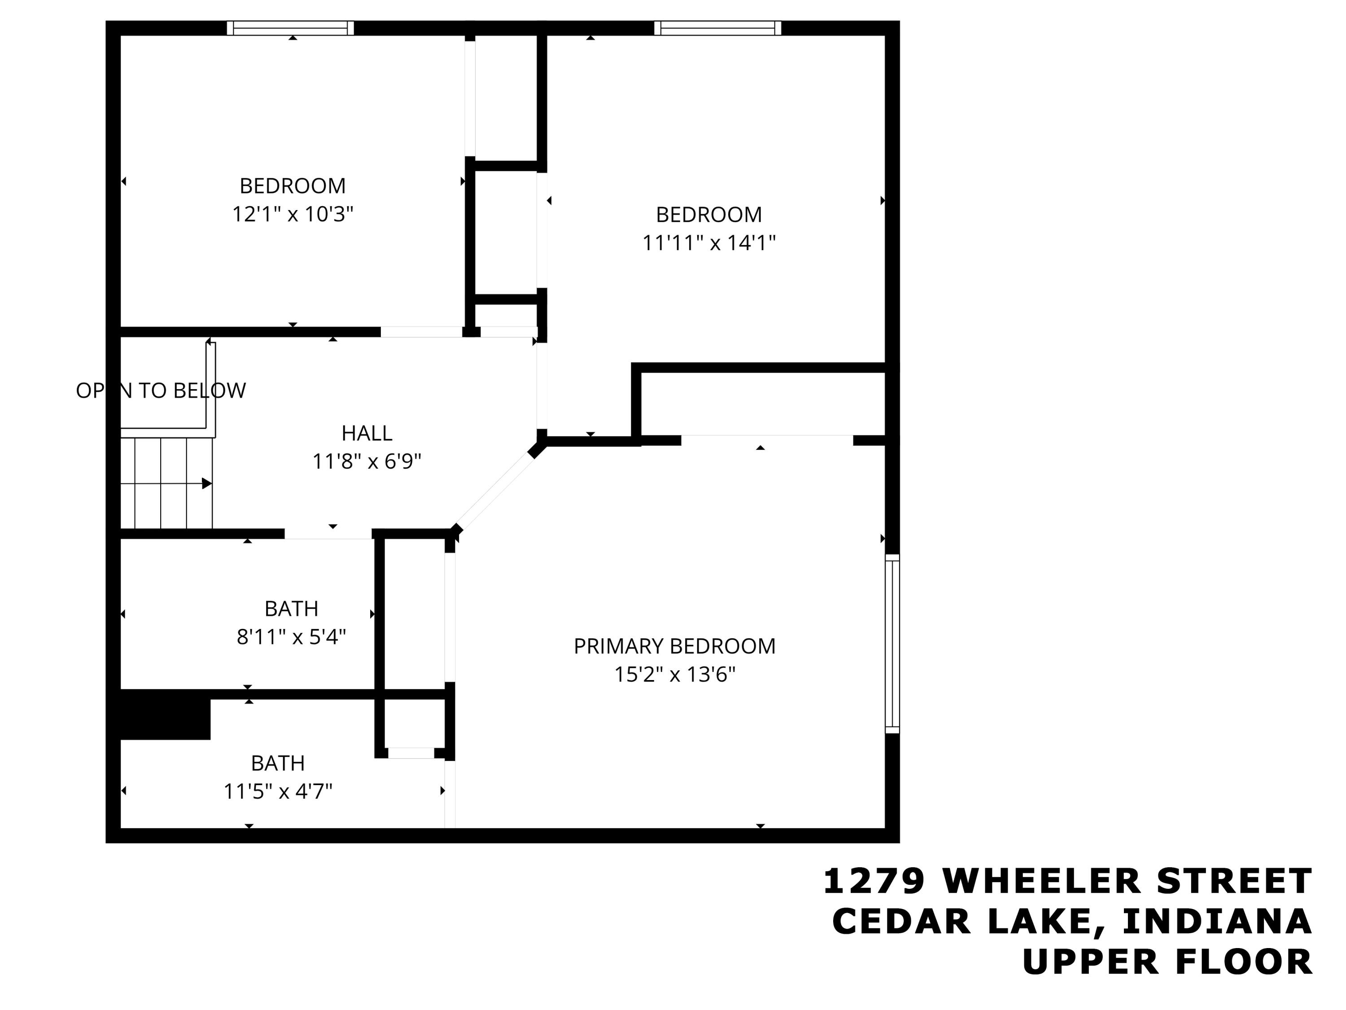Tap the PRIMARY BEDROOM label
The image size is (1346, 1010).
point(674,646)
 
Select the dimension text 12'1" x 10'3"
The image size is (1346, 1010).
point(293,214)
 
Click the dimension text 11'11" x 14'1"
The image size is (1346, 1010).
point(709,243)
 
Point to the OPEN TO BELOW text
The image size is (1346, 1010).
point(161,390)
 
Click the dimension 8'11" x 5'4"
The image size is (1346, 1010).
point(291,637)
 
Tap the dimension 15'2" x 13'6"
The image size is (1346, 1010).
point(674,675)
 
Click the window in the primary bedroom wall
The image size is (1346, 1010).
point(892,644)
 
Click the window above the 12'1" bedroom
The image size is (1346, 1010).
point(290,28)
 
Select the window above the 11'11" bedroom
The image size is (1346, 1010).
point(717,28)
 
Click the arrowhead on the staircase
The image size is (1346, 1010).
point(207,483)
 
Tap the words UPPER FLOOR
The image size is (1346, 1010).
point(1167,962)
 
